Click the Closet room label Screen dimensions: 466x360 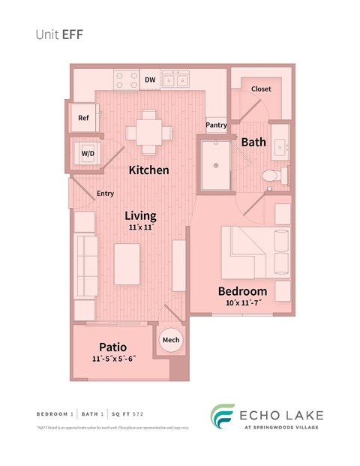click(x=261, y=89)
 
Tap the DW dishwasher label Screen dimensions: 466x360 click(x=150, y=79)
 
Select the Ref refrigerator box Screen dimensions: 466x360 click(x=83, y=118)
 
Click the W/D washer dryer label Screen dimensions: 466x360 click(x=88, y=153)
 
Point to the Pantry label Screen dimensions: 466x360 click(x=217, y=125)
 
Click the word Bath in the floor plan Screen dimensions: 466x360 click(x=253, y=141)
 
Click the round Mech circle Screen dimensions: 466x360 click(x=171, y=340)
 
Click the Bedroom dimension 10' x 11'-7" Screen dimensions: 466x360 click(x=242, y=304)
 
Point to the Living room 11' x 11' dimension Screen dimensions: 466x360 click(x=139, y=228)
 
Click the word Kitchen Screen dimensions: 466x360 click(x=148, y=170)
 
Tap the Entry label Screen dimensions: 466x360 click(x=105, y=194)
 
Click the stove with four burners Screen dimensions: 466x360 click(x=125, y=79)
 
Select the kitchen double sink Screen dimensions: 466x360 click(x=178, y=79)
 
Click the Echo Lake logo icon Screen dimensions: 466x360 click(x=222, y=417)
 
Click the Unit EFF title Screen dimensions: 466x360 click(x=60, y=34)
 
